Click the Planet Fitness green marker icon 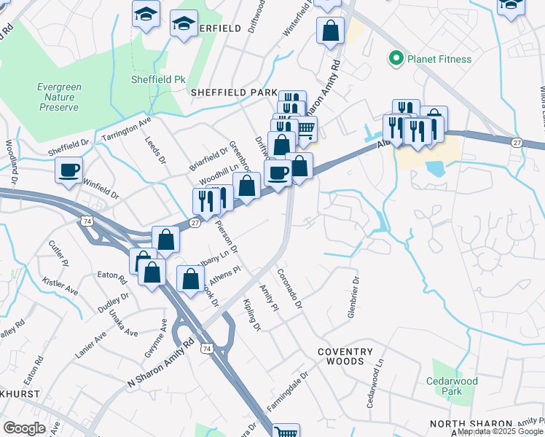pyautogui.click(x=396, y=59)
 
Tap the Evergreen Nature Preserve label pyautogui.click(x=59, y=97)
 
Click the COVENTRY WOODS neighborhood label pyautogui.click(x=340, y=356)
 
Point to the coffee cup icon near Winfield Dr pyautogui.click(x=70, y=170)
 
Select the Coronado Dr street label pyautogui.click(x=289, y=288)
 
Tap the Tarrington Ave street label pyautogui.click(x=127, y=129)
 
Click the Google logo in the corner pyautogui.click(x=25, y=428)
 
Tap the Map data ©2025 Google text pyautogui.click(x=500, y=431)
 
